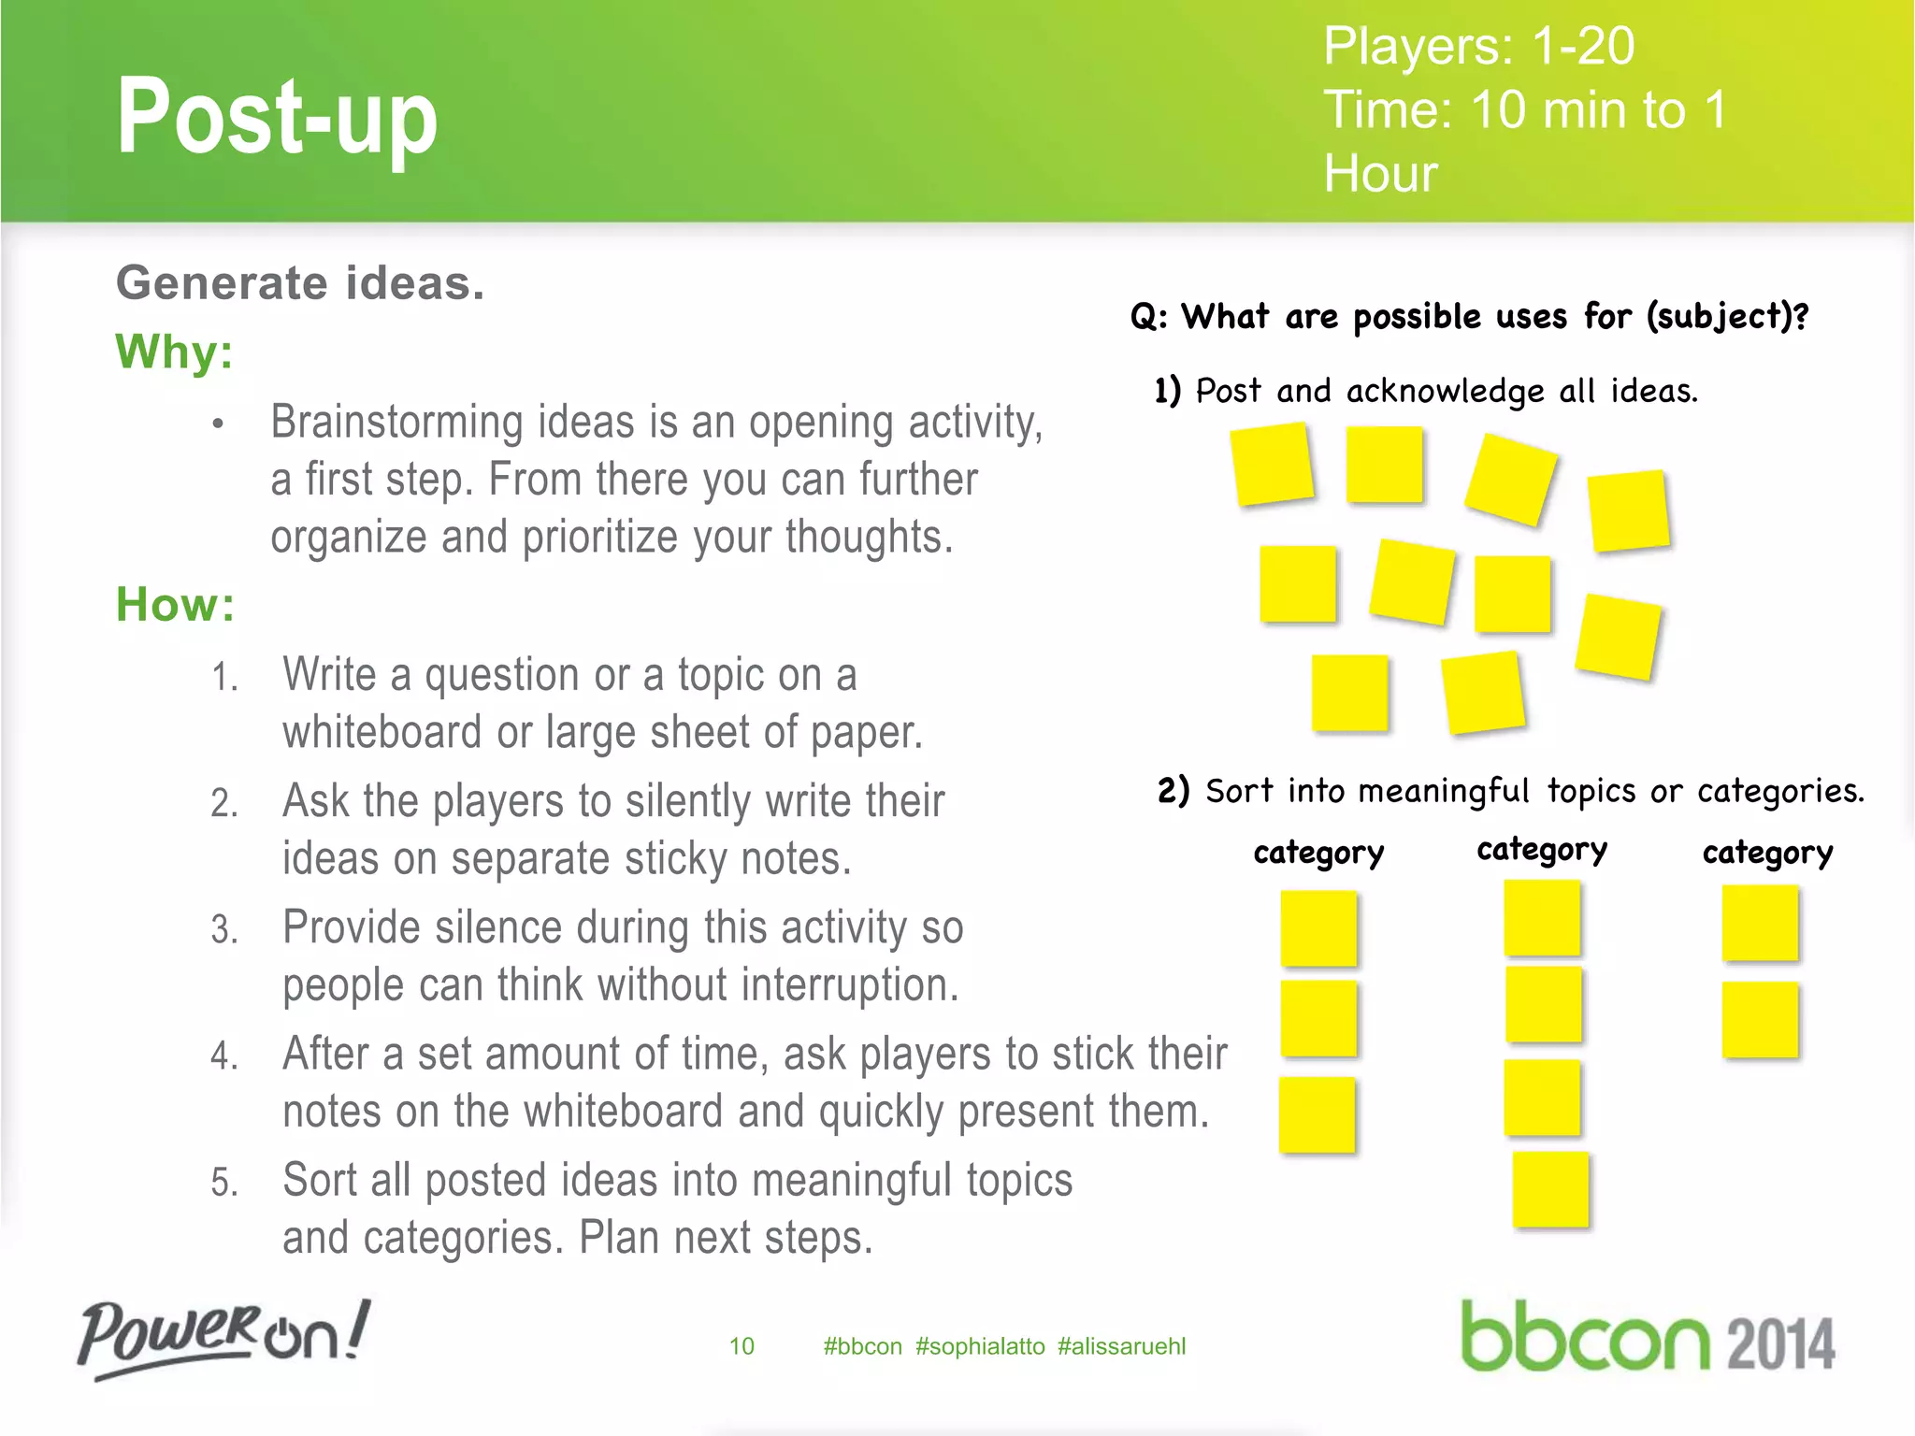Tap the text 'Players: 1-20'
1478,46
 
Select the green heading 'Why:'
174,352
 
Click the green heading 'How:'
175,604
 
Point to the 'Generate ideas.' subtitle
300,283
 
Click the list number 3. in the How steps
224,929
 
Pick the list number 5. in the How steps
224,1183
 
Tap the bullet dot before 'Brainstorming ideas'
218,424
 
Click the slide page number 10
742,1346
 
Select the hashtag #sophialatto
980,1346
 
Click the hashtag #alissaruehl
1121,1346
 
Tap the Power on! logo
223,1337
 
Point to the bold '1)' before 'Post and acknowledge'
1168,390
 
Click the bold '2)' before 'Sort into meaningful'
1173,790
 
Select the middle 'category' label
1542,850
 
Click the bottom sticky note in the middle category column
1550,1189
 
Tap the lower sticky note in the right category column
1760,1019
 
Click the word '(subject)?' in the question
1727,316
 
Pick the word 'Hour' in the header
1380,174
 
